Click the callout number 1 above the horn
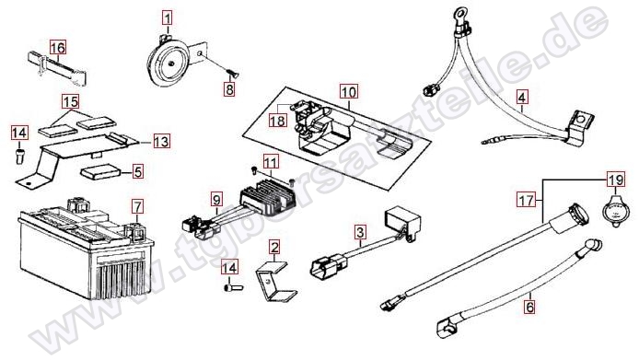click(168, 18)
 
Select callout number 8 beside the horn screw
click(230, 89)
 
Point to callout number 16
click(57, 48)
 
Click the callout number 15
click(71, 101)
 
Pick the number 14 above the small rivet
click(18, 133)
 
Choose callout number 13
click(161, 142)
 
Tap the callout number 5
click(138, 171)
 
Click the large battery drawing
click(87, 250)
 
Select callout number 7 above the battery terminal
click(138, 207)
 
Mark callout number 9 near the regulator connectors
click(216, 200)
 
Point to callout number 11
click(271, 162)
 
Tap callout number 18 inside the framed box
click(277, 121)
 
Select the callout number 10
click(349, 92)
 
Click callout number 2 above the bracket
click(275, 247)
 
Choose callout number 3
click(360, 233)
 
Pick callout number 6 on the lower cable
click(529, 307)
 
